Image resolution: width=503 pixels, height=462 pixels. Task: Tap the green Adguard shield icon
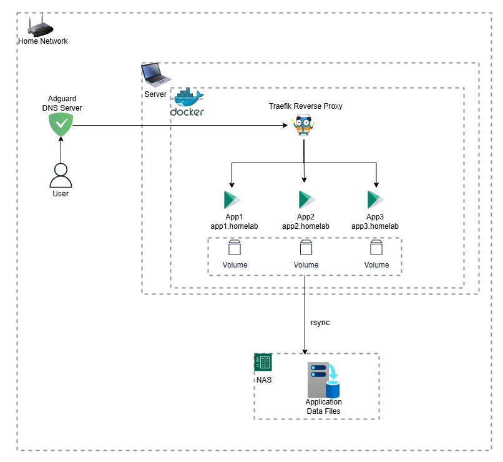point(61,125)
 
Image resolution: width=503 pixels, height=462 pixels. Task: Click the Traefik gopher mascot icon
point(303,126)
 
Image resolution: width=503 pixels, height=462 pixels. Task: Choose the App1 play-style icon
point(232,200)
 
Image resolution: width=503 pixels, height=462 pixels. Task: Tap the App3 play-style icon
point(375,200)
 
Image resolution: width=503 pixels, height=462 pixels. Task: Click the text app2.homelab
point(306,226)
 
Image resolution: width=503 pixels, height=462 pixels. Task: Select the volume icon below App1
point(235,248)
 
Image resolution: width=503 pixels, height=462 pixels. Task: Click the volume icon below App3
point(376,248)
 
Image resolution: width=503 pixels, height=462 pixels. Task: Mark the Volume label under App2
point(306,265)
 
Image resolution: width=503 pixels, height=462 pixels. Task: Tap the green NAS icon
point(263,362)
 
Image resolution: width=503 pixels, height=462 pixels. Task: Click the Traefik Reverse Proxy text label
point(305,106)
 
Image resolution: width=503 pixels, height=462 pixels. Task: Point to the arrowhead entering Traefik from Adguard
point(290,126)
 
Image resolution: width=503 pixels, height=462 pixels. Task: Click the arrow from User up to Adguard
point(61,150)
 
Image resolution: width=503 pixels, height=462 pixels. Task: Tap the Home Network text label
point(42,41)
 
